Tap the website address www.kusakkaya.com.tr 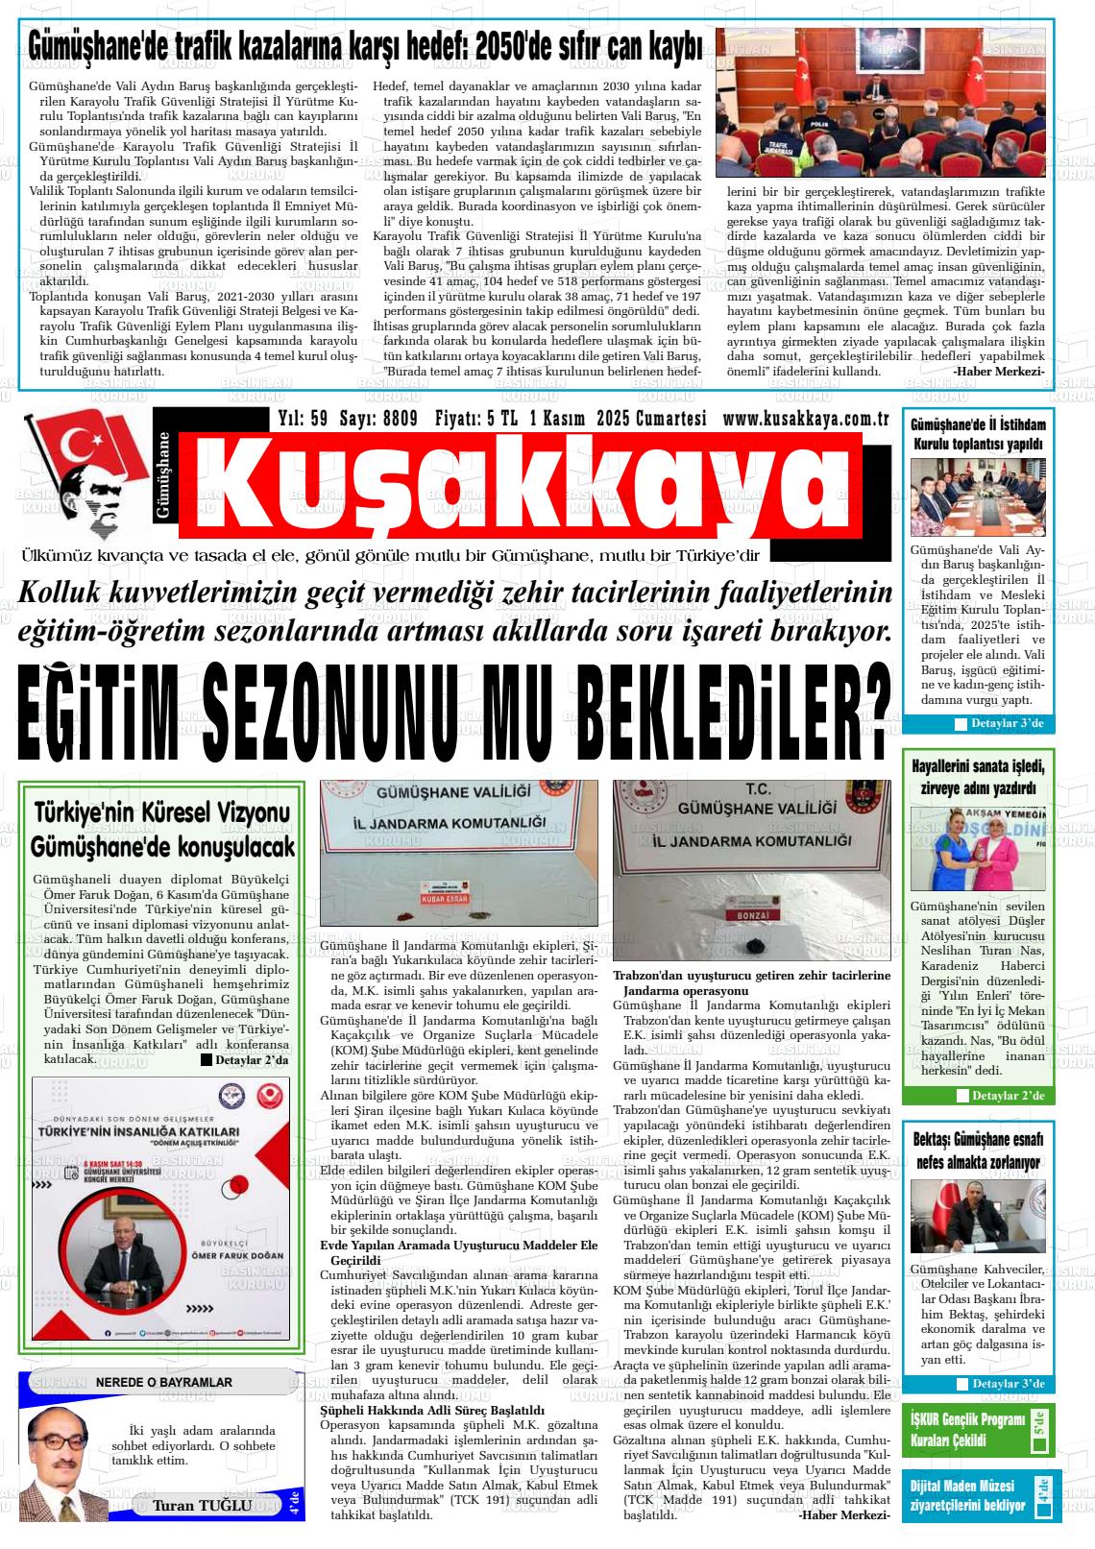805,419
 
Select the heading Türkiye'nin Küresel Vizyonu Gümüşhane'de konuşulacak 162,831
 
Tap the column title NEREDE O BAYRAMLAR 163,1382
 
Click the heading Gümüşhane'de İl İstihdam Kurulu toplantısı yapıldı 977,434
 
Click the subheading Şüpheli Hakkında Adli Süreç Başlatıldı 432,1410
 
